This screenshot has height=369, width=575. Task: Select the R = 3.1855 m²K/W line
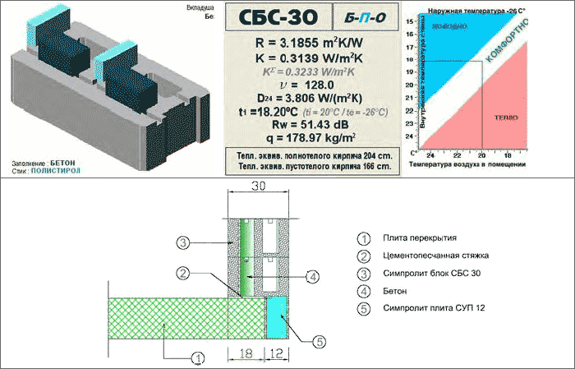(x=306, y=42)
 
